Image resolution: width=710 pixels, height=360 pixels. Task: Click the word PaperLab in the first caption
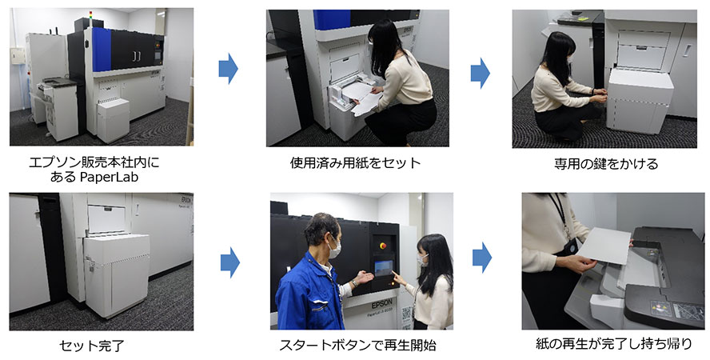pos(109,177)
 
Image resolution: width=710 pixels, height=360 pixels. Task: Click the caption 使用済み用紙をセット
pos(356,162)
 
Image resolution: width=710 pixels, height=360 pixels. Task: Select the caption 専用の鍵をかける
pos(606,163)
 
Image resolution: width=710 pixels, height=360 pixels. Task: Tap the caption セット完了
pos(91,346)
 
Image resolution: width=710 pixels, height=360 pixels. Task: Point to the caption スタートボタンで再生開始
pos(357,346)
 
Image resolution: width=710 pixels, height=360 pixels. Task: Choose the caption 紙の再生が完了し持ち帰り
pos(613,344)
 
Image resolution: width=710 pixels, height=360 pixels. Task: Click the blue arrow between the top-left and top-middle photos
pos(228,69)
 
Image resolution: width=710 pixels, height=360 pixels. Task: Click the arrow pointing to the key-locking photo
pos(481,73)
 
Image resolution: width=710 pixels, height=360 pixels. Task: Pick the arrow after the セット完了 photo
pos(230,262)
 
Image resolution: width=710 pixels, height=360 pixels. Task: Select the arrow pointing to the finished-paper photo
pos(482,258)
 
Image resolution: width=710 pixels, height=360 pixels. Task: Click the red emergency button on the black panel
pos(384,246)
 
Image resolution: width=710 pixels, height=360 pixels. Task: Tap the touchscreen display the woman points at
pos(383,268)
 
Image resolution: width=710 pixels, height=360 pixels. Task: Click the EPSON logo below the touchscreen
pos(381,303)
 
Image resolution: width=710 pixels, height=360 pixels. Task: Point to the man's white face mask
pos(335,249)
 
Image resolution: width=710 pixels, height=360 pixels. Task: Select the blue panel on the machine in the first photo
pos(102,50)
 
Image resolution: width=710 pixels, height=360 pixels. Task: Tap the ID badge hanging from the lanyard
pos(571,247)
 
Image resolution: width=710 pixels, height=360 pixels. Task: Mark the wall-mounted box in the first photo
pos(18,56)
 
